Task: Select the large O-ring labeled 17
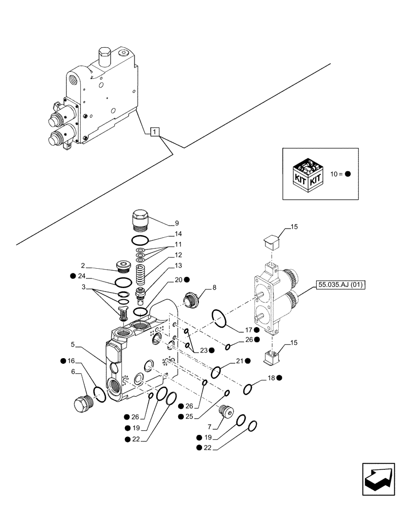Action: (219, 318)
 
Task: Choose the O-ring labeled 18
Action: (248, 390)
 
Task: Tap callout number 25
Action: (189, 417)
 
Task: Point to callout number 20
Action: (178, 279)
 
